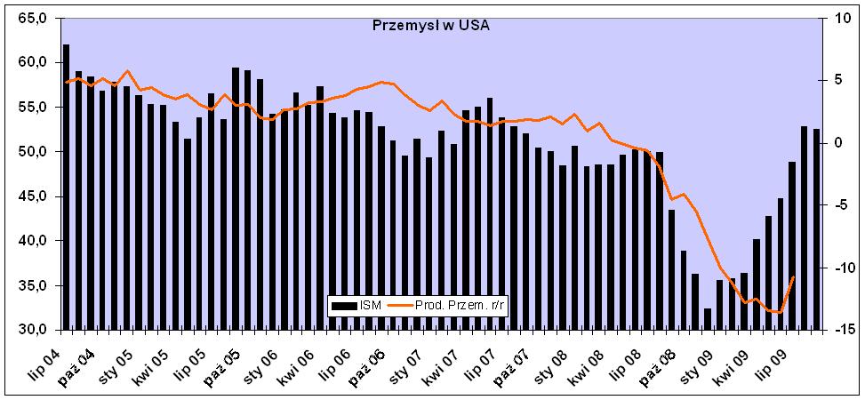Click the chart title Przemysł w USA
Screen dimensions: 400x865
tap(430, 25)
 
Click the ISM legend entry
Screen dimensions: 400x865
tap(359, 307)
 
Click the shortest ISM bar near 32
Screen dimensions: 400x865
tap(708, 319)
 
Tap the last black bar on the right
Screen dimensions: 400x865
tap(816, 229)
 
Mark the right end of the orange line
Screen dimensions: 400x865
tap(793, 277)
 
